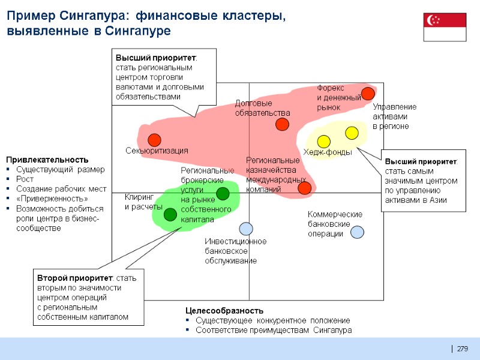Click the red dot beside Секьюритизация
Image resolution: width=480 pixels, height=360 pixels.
tap(154, 140)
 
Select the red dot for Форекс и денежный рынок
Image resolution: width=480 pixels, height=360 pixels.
tap(368, 93)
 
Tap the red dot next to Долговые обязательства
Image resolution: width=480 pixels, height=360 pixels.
tap(282, 124)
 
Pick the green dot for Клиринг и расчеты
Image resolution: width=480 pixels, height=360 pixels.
tap(170, 214)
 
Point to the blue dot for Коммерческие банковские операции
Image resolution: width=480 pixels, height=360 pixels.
tap(357, 231)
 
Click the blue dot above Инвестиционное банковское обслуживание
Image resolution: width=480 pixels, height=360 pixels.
tap(245, 229)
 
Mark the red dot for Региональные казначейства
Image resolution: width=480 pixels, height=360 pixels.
tap(304, 188)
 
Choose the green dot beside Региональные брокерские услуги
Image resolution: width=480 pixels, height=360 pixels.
tap(223, 193)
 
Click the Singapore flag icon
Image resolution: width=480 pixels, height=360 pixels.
tap(445, 27)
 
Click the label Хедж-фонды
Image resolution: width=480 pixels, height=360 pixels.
tap(327, 152)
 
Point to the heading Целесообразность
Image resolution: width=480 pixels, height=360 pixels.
tap(224, 310)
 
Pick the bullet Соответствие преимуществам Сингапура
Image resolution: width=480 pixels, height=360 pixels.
tap(274, 330)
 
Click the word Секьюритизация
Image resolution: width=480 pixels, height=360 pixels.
tap(157, 151)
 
